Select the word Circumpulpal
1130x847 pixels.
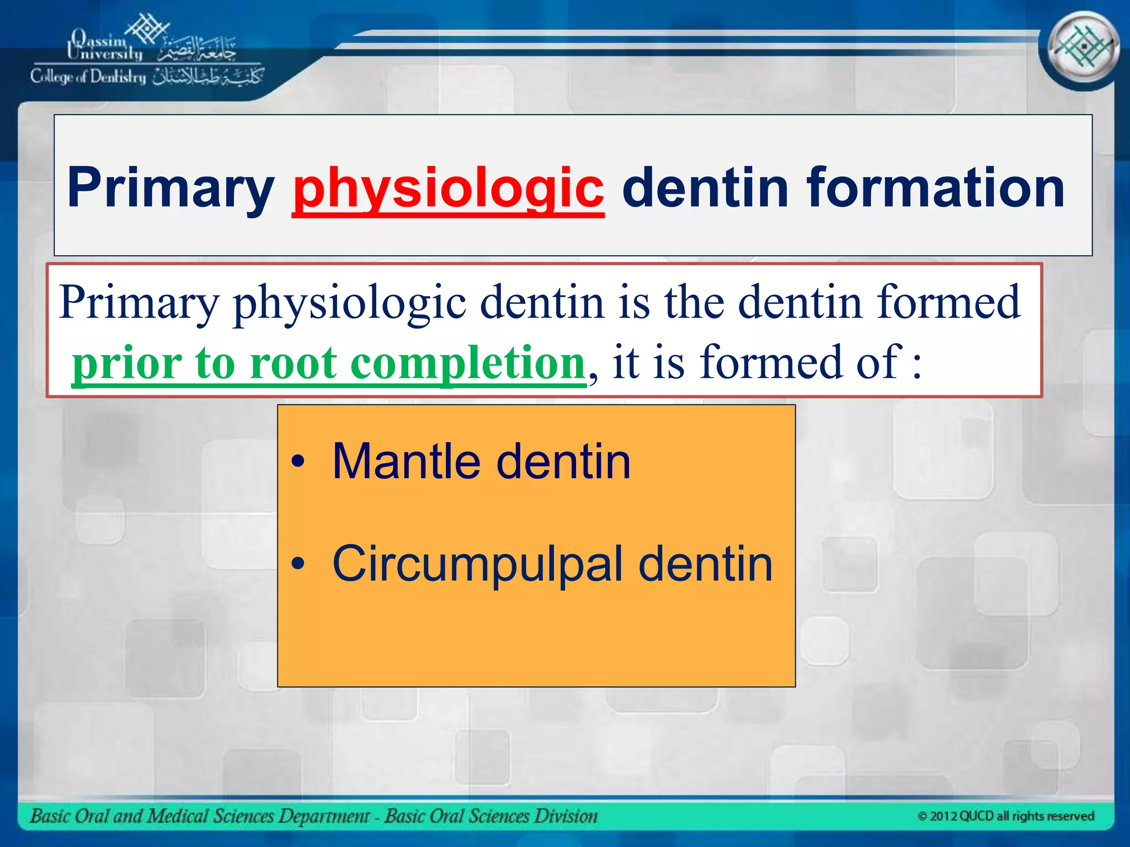coord(477,564)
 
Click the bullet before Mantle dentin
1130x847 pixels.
coord(298,462)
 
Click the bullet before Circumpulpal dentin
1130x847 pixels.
coord(298,564)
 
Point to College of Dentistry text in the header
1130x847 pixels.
coord(88,77)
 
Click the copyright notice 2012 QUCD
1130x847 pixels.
coord(1005,816)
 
